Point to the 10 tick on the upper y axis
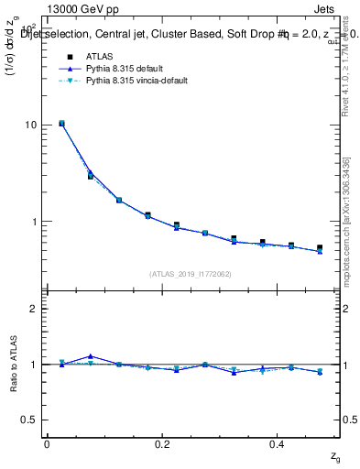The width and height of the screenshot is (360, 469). (29, 125)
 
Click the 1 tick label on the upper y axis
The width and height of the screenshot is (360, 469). (32, 222)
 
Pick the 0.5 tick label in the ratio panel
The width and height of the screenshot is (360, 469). (27, 420)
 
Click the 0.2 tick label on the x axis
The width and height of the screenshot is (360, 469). (161, 443)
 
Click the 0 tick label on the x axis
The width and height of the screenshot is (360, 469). (47, 443)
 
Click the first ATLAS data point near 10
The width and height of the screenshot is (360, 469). (61, 123)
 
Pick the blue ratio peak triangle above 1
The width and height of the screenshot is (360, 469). (90, 356)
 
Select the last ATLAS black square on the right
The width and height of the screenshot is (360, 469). (320, 247)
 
